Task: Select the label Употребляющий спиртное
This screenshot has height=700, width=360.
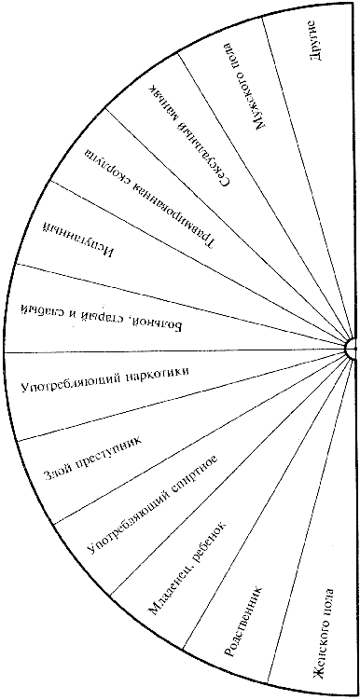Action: coord(150,500)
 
